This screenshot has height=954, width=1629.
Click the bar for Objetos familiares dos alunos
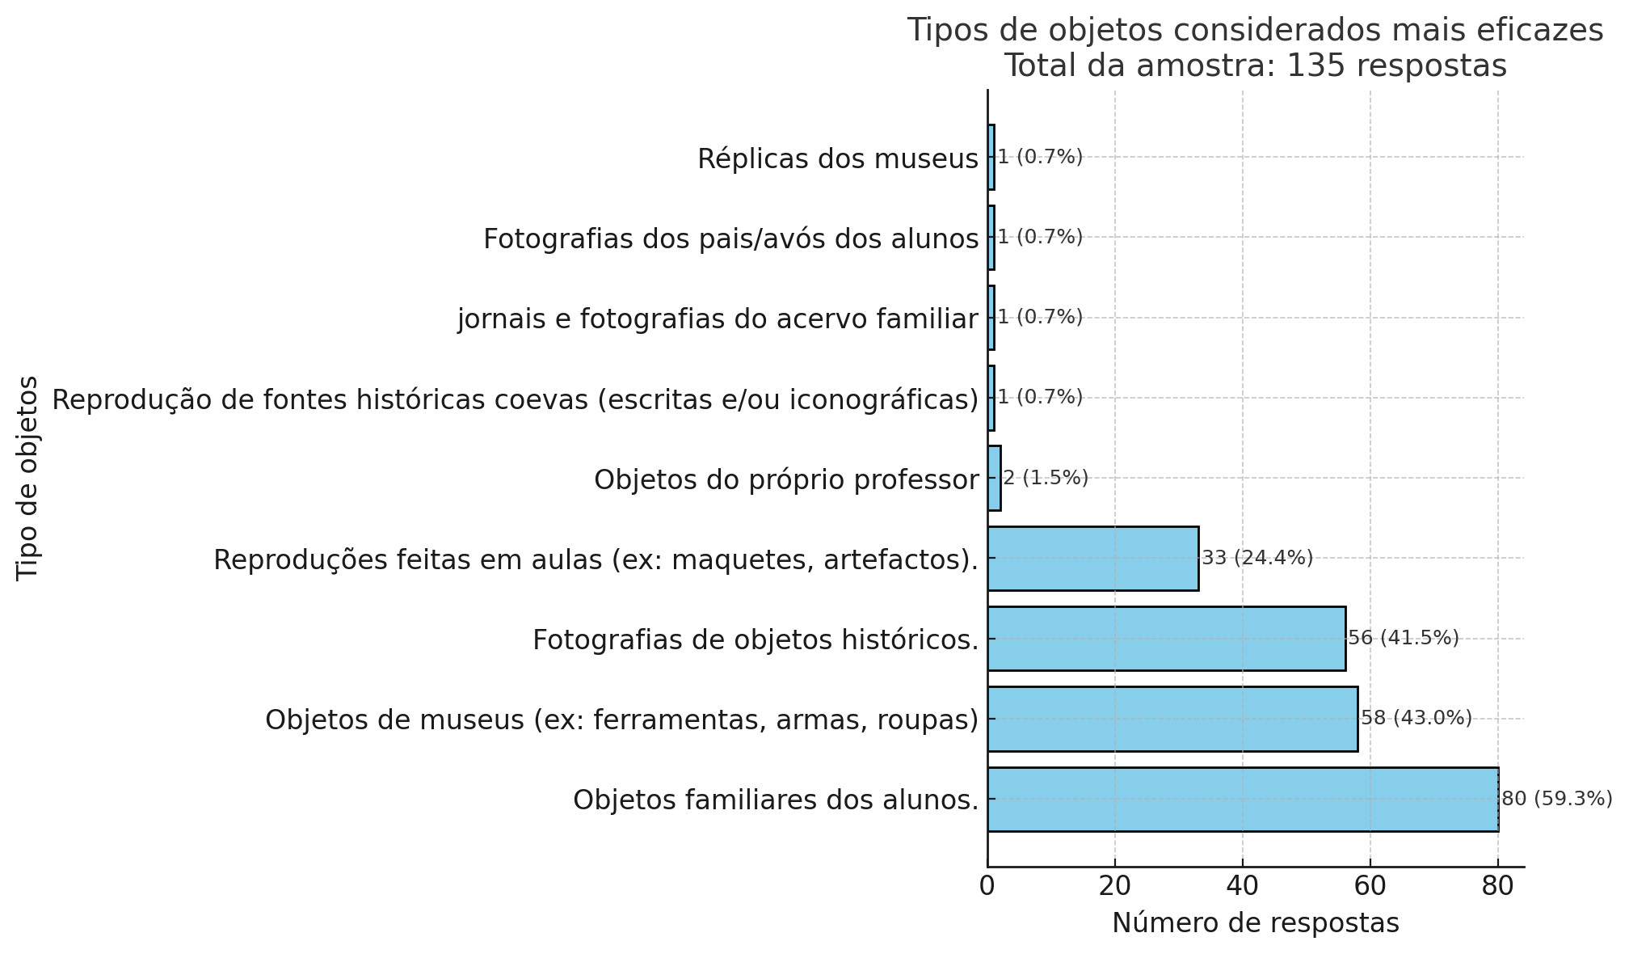pyautogui.click(x=1243, y=799)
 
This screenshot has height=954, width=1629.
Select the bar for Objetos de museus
pyautogui.click(x=1172, y=719)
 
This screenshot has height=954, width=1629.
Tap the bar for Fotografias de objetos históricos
pyautogui.click(x=1166, y=639)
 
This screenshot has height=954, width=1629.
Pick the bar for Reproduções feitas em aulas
pyautogui.click(x=1092, y=558)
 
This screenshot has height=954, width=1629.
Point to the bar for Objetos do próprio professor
pyautogui.click(x=994, y=478)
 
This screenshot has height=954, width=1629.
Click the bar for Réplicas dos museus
pyautogui.click(x=991, y=157)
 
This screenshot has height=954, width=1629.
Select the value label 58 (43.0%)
pyautogui.click(x=1416, y=718)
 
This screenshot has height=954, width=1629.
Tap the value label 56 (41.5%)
pyautogui.click(x=1403, y=638)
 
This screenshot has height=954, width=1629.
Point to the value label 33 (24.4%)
pyautogui.click(x=1257, y=558)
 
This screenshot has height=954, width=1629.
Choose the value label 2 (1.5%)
pyautogui.click(x=1046, y=478)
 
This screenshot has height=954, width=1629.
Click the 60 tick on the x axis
pyautogui.click(x=1370, y=886)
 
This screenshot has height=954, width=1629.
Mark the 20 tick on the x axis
pyautogui.click(x=1115, y=886)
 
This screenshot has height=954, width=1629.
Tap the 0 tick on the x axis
pyautogui.click(x=987, y=886)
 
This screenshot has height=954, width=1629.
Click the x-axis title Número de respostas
pyautogui.click(x=1255, y=922)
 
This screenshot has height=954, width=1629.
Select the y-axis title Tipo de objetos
pyautogui.click(x=28, y=477)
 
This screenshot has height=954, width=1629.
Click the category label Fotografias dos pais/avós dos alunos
pyautogui.click(x=730, y=239)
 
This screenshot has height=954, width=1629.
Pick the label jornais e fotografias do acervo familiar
pyautogui.click(x=718, y=319)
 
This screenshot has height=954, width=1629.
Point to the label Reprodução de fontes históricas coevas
pyautogui.click(x=515, y=399)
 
